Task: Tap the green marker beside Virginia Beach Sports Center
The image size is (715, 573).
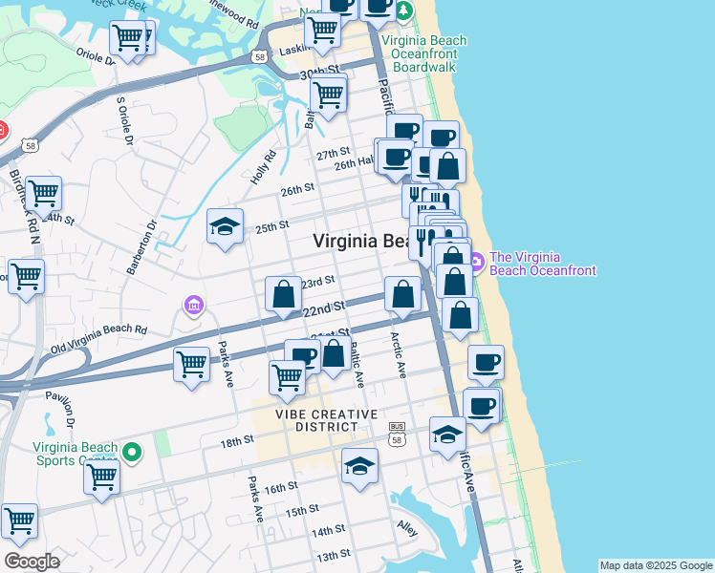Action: [134, 453]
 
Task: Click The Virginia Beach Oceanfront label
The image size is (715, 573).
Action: [542, 264]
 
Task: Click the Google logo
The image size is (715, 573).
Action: [32, 562]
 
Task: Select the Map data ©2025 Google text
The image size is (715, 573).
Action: [657, 565]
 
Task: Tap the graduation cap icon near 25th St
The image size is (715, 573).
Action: [226, 227]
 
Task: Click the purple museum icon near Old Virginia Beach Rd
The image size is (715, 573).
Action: [193, 306]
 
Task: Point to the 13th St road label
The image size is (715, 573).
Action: [334, 554]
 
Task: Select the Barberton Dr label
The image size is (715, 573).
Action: [150, 244]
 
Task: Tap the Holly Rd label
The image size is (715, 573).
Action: [263, 168]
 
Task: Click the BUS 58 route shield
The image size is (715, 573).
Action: [398, 436]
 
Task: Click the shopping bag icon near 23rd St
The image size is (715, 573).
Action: [284, 294]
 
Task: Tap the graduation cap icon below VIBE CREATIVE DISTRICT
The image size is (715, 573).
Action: [359, 466]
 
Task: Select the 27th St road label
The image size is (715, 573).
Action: [334, 154]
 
